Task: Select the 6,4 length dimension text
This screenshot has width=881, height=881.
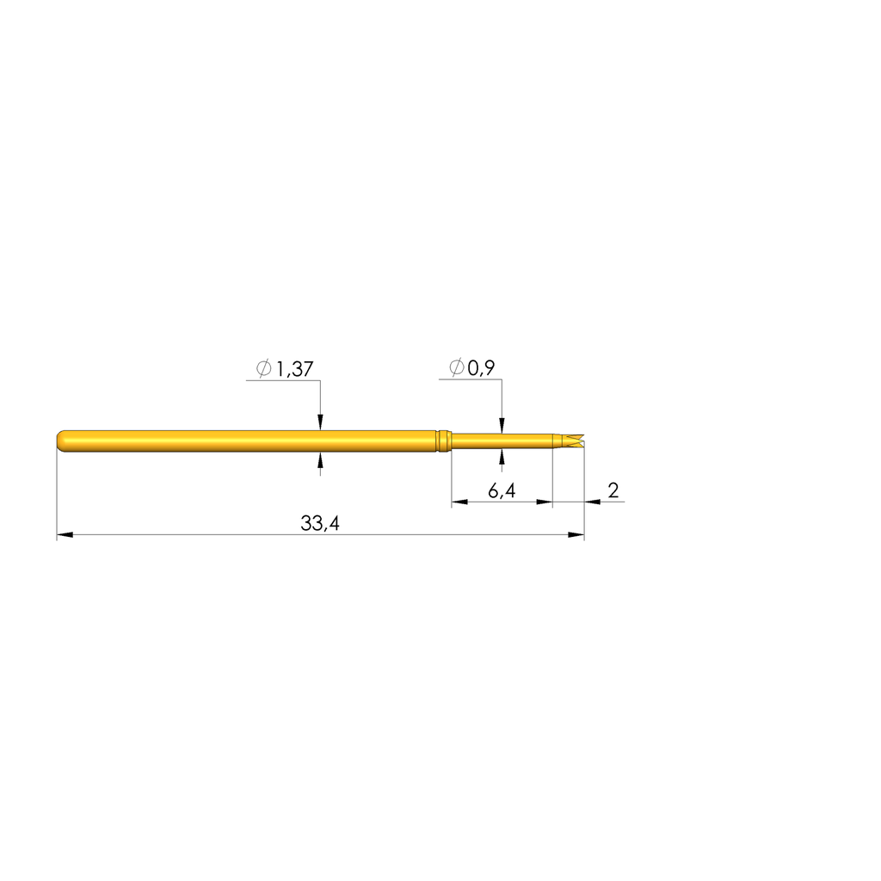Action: [x=501, y=491]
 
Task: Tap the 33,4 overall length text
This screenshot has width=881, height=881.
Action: [x=319, y=524]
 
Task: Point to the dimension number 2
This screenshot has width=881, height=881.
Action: [x=613, y=490]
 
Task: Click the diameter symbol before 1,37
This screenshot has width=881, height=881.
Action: [x=263, y=369]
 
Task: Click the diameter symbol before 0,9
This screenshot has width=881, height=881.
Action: [x=456, y=368]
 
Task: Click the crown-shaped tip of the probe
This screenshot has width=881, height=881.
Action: [x=576, y=440]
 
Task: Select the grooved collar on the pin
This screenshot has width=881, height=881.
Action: [x=442, y=440]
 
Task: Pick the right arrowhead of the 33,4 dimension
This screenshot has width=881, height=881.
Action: [x=577, y=535]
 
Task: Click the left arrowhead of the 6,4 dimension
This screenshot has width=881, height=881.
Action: [x=459, y=502]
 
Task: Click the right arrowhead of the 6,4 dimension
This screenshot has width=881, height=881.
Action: [x=545, y=502]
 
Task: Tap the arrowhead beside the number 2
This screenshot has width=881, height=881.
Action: [x=591, y=502]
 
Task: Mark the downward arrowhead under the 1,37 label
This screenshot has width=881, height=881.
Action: [x=320, y=422]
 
